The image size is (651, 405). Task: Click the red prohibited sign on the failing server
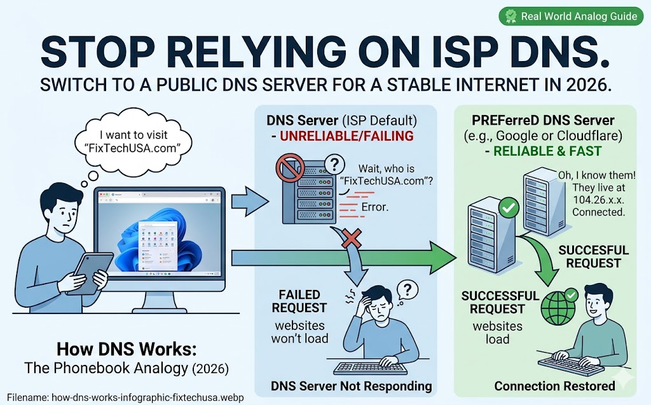287,169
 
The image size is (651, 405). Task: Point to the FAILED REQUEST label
299,301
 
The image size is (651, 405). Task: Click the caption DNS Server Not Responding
351,386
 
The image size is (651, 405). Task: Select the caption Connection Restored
554,386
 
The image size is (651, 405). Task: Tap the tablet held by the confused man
90,271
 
